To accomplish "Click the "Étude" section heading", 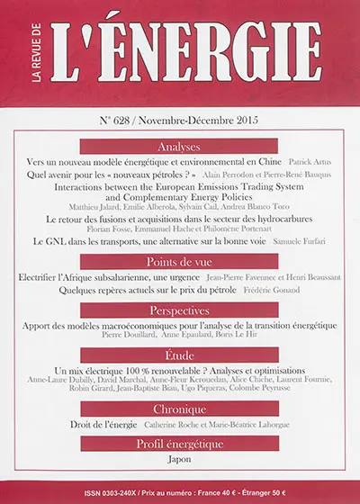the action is pyautogui.click(x=179, y=355).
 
